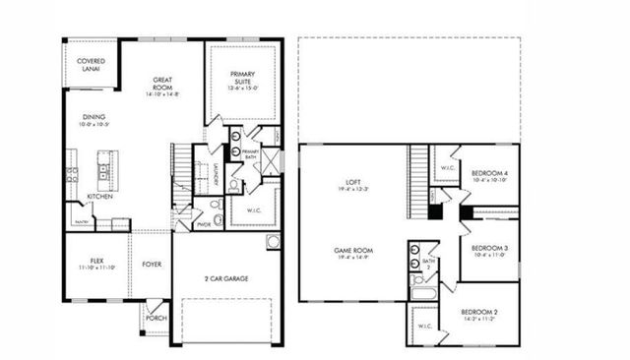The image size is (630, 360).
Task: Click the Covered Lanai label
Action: (91, 65)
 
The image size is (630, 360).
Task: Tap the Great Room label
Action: (163, 84)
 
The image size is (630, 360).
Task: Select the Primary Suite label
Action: (243, 79)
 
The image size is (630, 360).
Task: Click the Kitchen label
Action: (100, 197)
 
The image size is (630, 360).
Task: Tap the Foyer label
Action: (152, 264)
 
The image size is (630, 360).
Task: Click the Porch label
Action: (156, 318)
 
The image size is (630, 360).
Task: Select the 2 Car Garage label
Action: (226, 279)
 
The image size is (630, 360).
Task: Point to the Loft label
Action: (353, 183)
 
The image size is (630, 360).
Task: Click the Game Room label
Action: (352, 252)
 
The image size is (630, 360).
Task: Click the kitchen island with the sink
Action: (103, 172)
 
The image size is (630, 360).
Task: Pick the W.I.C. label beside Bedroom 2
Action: (424, 326)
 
